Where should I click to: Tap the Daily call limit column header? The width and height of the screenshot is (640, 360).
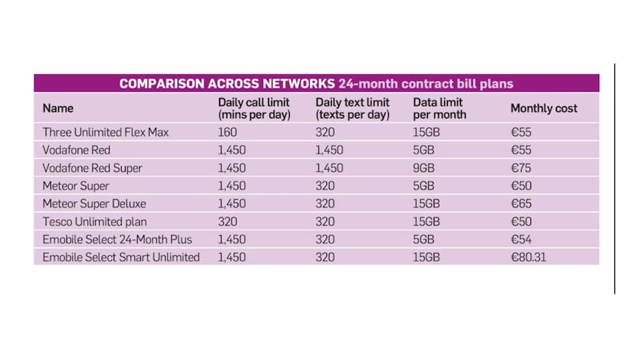coord(254,108)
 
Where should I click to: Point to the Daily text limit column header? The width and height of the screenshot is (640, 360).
coord(352,108)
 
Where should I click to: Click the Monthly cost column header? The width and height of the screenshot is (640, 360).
coord(543,108)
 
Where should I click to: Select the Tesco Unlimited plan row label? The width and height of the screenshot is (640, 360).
coord(93,222)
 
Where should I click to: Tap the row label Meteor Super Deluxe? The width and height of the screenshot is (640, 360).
coord(94,204)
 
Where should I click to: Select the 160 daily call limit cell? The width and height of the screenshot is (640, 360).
coord(228,132)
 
